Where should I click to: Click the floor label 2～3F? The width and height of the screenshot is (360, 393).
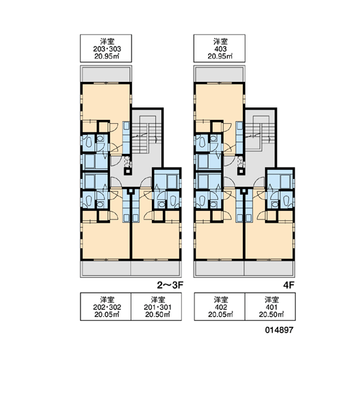[x=170, y=285]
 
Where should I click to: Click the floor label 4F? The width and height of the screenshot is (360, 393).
[x=289, y=285]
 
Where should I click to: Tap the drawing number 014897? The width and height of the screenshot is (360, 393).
[x=279, y=330]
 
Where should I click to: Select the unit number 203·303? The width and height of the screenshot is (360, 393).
[x=107, y=49]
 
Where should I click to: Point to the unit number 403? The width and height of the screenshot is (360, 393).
[x=221, y=49]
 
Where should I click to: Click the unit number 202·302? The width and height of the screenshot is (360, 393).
[x=107, y=307]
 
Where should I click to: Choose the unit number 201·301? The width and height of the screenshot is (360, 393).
[x=158, y=307]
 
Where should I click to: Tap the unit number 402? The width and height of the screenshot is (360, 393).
[x=221, y=307]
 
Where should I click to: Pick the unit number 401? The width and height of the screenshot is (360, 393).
[x=272, y=307]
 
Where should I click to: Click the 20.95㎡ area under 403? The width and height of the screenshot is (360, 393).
[x=220, y=56]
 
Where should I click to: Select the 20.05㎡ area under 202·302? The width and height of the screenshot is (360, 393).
[x=107, y=314]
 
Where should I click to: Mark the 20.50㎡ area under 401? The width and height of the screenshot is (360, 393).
[x=272, y=314]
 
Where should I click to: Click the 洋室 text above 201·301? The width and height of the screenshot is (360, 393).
[x=158, y=299]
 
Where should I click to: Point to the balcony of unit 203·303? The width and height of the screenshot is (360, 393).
[x=106, y=74]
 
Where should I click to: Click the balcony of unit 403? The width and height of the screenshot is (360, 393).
[x=219, y=74]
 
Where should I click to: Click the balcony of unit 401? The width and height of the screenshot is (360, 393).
[x=269, y=269]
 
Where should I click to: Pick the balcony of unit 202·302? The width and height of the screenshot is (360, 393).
[x=105, y=269]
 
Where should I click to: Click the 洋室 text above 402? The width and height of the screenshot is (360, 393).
[x=221, y=299]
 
